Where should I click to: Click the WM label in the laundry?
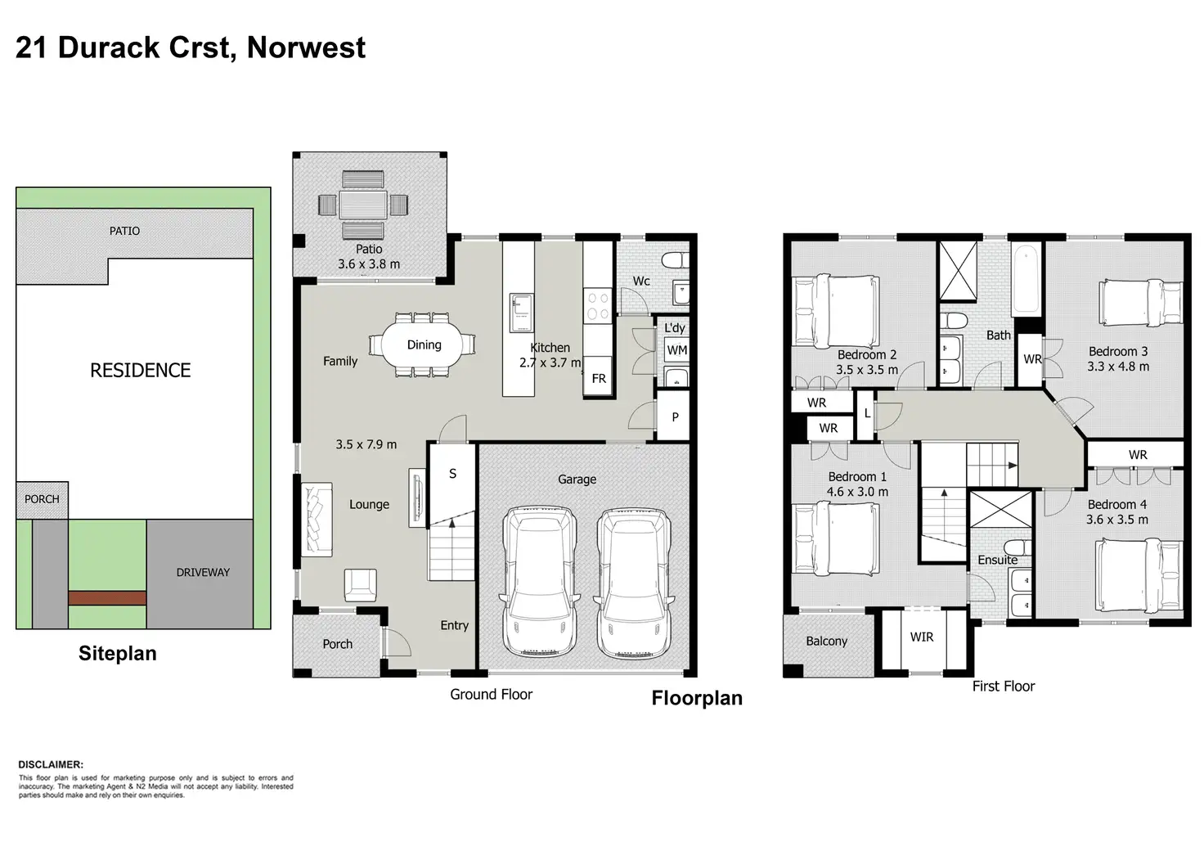[676, 350]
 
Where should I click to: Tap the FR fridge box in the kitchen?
[599, 377]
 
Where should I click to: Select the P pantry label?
[675, 416]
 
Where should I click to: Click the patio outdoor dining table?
[363, 205]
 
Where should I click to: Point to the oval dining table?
[423, 344]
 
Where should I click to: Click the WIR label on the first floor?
[922, 637]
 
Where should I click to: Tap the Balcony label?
[826, 641]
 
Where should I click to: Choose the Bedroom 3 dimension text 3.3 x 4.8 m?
[1118, 367]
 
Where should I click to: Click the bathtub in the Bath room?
[1026, 279]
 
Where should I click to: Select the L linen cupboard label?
[867, 413]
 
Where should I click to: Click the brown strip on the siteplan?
[107, 598]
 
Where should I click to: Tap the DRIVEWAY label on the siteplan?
[203, 573]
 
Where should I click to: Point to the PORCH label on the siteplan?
[42, 499]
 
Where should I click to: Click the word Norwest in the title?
[307, 47]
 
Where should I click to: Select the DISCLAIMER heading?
[51, 764]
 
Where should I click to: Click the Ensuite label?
[998, 560]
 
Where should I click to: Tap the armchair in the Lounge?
[360, 585]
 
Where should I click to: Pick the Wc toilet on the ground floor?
[675, 261]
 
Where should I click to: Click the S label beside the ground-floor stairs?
[452, 474]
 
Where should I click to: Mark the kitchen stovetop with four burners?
[598, 306]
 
